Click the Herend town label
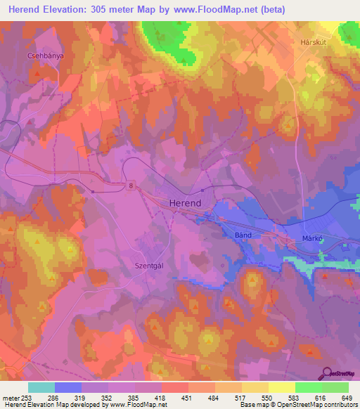click(x=186, y=202)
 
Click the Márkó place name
click(x=311, y=238)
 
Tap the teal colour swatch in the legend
click(x=41, y=387)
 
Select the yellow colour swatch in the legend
click(x=281, y=387)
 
